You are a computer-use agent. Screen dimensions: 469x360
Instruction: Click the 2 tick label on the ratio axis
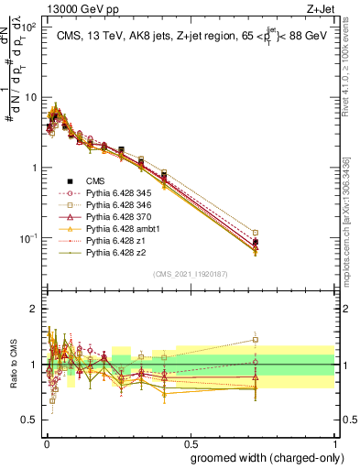[x=33, y=309]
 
